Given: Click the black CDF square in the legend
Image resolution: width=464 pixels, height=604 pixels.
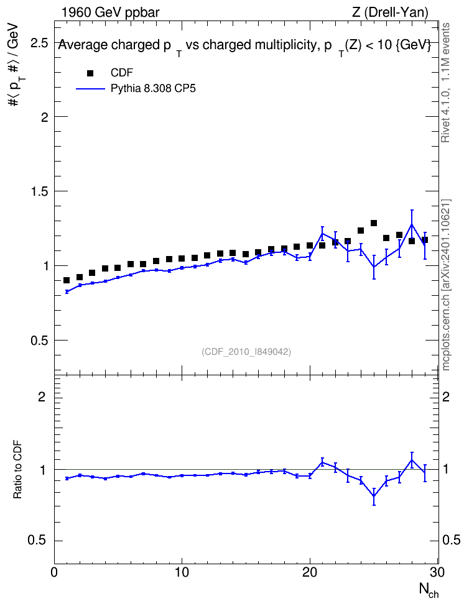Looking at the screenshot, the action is click(x=90, y=73).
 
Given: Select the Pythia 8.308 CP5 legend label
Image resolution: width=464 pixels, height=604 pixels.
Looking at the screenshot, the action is click(x=153, y=89).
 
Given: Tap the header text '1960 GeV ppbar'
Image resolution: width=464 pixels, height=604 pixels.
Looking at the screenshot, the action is click(x=110, y=12).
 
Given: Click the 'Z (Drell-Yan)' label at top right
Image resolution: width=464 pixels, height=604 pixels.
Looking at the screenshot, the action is click(x=390, y=12).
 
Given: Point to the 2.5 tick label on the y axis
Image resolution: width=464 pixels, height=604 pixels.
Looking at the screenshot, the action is click(x=39, y=43).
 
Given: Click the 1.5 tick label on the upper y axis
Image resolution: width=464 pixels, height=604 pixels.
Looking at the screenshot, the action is click(x=39, y=191).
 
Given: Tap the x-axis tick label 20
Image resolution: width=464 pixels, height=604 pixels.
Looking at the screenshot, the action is click(x=310, y=572).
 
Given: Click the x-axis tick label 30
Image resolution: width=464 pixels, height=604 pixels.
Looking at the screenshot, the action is click(x=438, y=572).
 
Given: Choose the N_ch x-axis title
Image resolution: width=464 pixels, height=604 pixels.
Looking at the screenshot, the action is click(x=429, y=590).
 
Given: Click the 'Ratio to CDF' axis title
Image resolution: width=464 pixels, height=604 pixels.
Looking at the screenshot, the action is click(x=17, y=469).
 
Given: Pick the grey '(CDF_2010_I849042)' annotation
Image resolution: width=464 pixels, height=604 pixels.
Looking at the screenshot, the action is click(x=246, y=352).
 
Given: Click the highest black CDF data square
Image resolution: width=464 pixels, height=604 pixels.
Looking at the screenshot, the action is click(x=373, y=223).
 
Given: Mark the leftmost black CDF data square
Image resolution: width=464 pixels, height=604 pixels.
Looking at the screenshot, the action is click(x=67, y=280).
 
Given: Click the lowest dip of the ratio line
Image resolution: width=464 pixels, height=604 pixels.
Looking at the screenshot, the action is click(x=373, y=496).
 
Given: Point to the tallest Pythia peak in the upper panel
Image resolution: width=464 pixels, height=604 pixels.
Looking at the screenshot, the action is click(x=412, y=224).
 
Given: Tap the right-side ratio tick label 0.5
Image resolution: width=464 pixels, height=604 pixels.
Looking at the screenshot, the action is click(x=452, y=541).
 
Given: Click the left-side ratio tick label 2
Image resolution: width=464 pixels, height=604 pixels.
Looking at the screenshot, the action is click(x=42, y=396).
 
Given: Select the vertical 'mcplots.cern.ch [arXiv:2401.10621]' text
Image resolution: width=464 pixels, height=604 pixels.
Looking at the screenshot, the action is click(x=445, y=285).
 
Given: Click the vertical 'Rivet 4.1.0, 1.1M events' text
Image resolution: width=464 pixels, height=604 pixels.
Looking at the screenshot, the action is click(x=445, y=83).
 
